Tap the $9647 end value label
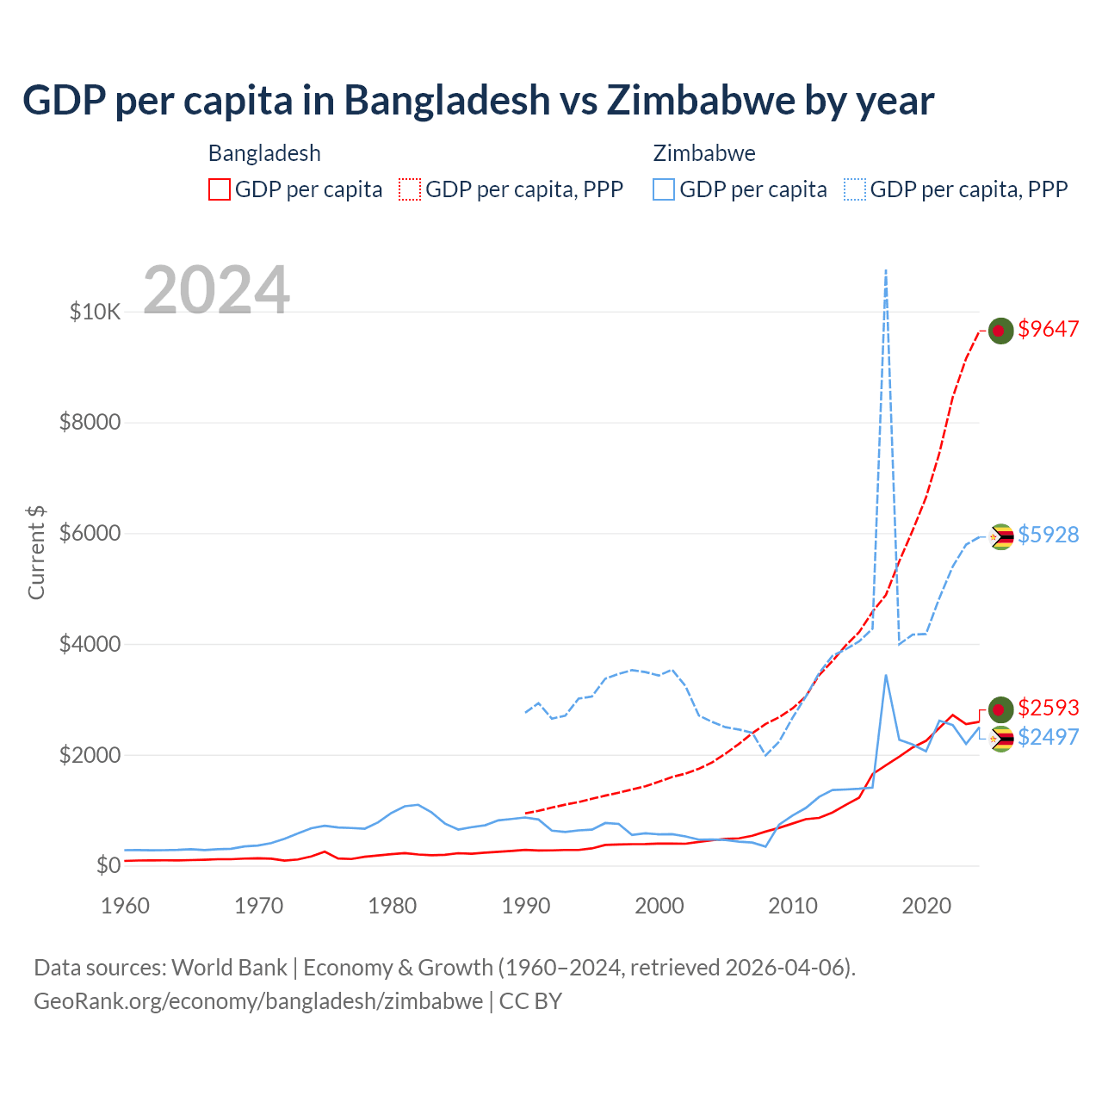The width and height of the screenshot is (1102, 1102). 1048,329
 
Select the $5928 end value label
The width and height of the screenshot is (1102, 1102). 1048,535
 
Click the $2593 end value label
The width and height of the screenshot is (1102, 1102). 1048,708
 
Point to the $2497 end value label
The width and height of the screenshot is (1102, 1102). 1048,737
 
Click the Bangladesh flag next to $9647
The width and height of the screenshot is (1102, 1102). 1000,330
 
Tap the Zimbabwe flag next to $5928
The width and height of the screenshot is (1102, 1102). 1000,536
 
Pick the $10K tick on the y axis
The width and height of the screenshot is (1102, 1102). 95,312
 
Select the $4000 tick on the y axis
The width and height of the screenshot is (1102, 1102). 90,644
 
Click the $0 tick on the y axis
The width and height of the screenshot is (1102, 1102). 108,865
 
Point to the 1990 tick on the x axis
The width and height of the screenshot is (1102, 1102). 526,906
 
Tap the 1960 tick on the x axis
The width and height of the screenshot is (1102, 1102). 126,906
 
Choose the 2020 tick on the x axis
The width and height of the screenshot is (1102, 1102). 926,906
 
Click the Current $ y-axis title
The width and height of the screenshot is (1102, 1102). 36,553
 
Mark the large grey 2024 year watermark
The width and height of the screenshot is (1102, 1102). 216,290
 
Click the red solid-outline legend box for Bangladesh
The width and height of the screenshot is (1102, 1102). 220,189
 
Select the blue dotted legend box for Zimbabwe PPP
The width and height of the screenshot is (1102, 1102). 855,189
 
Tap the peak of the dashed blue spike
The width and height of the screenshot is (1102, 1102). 886,270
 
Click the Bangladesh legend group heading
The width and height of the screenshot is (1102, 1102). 264,153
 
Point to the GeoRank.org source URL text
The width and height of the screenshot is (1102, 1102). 258,1001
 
